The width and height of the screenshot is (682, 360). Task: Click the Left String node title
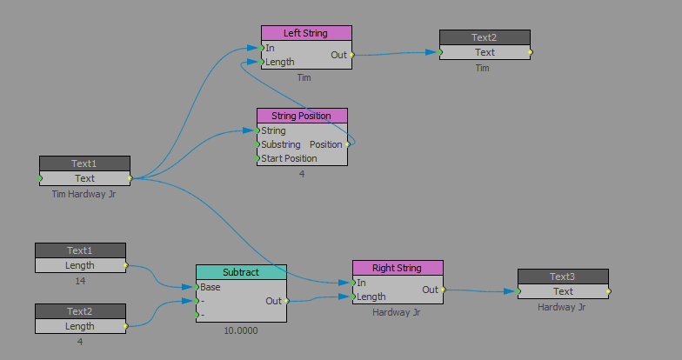coord(305,33)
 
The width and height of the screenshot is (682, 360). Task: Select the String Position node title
coord(301,116)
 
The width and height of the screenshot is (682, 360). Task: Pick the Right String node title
coord(397,268)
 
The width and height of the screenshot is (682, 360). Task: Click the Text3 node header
coord(563,277)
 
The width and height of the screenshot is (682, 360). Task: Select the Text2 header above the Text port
coord(484,37)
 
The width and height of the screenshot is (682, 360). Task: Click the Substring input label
coord(281,144)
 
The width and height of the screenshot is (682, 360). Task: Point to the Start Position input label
coord(289,158)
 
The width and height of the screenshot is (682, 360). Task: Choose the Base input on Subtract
coord(210,286)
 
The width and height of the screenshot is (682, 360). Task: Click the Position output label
coord(326,144)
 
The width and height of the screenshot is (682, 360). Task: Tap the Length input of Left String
coord(279,62)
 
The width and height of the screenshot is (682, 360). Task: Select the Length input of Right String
coord(371,297)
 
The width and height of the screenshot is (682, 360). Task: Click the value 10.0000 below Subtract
coord(241,330)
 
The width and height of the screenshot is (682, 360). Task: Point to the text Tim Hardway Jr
coord(84,194)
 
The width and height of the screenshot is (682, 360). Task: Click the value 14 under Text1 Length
coord(80,281)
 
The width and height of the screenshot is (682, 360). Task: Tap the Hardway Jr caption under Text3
coord(563,307)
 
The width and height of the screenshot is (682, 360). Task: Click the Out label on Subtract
coord(273,300)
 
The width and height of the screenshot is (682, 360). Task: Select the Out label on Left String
coord(338,55)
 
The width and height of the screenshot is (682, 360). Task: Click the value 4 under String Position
coord(302,174)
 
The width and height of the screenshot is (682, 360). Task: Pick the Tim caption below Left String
coord(304,77)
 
